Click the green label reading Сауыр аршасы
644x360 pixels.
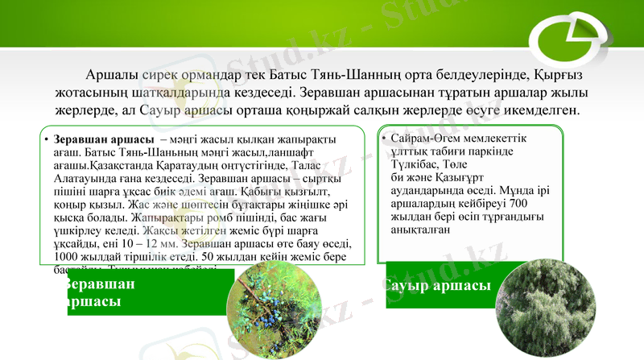coord(438,286)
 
